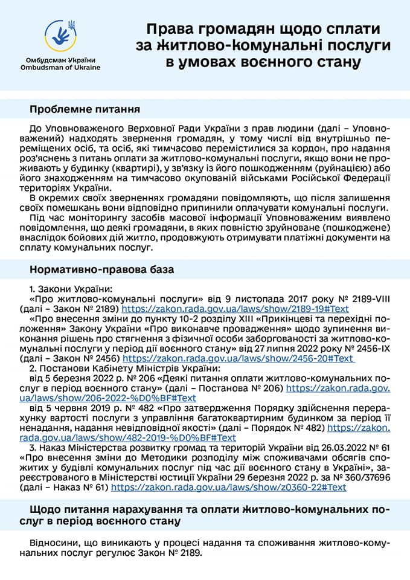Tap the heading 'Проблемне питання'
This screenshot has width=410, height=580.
[85, 110]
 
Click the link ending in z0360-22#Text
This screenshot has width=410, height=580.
[229, 486]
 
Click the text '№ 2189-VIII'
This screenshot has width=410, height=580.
[366, 298]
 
